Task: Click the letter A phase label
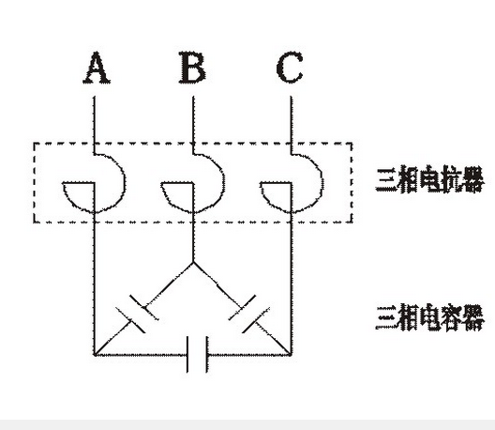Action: point(97,68)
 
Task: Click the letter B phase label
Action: point(192,68)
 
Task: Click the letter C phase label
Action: point(290,68)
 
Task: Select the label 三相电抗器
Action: point(430,178)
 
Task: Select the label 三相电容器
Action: point(430,317)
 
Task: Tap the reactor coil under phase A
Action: point(125,183)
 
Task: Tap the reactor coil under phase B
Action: point(224,183)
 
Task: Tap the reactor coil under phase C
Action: point(322,183)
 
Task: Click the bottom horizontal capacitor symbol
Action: point(197,355)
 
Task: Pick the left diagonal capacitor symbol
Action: point(137,314)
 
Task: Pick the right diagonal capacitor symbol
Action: point(249,314)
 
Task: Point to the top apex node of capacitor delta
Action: point(193,263)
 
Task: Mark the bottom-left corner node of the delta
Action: point(95,355)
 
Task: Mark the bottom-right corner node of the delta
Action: point(291,355)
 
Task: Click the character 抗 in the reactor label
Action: point(452,178)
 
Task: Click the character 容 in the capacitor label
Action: point(452,317)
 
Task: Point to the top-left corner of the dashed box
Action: point(34,144)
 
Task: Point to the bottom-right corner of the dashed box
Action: point(352,223)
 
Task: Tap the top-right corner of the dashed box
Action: point(352,144)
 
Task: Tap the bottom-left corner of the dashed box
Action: point(34,223)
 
